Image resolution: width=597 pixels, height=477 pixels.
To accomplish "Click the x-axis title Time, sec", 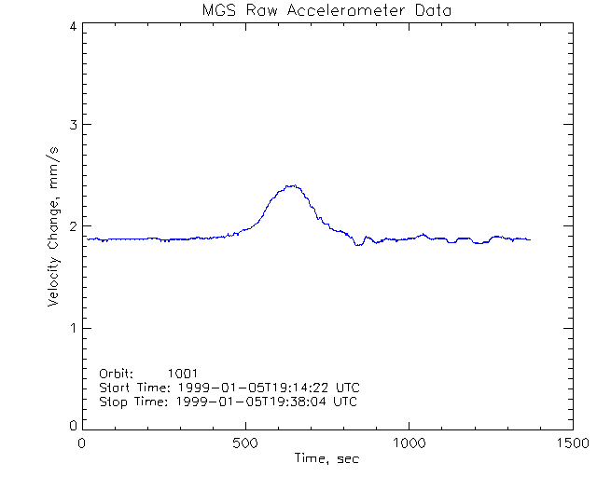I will pos(326,458).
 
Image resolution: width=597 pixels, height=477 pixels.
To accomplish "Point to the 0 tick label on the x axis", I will pos(82,443).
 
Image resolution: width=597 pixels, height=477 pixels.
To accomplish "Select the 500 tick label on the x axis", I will pos(245,443).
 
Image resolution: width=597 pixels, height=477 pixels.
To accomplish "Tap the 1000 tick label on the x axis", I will pos(409,443).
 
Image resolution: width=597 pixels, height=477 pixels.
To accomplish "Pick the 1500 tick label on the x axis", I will pos(572,443).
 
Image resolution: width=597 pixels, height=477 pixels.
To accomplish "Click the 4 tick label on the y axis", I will pos(72,27).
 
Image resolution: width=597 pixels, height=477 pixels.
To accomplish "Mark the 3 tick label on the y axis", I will pos(72,125).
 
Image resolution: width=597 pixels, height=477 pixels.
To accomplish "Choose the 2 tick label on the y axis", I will pos(72,226).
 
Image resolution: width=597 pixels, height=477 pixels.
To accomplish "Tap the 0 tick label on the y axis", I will pos(72,426).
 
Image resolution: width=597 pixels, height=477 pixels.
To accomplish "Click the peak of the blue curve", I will pos(293,185).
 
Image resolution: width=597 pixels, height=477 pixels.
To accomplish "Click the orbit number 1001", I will pos(183,374).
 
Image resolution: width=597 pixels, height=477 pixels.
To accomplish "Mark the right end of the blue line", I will pos(530,239).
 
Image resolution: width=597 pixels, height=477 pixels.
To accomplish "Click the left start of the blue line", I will pos(87,238).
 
